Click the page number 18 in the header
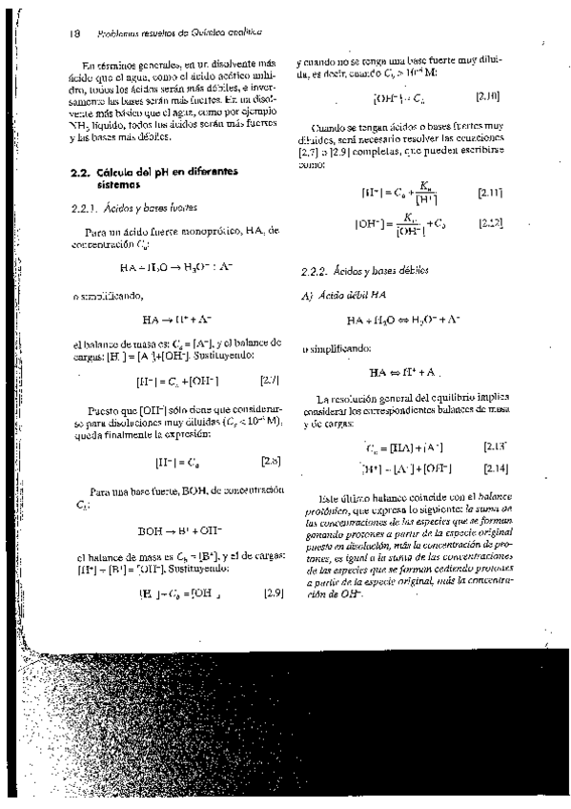click(x=73, y=33)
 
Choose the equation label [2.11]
click(x=490, y=193)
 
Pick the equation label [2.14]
click(x=496, y=468)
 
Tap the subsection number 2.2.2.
click(x=314, y=271)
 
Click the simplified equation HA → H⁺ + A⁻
click(x=176, y=319)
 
